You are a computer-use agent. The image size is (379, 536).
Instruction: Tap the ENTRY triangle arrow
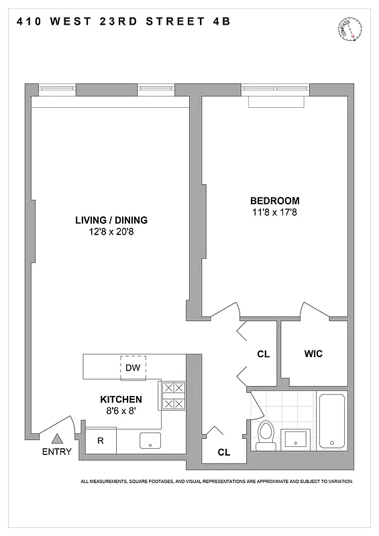(x=57, y=439)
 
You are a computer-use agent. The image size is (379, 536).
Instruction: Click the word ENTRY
(x=56, y=452)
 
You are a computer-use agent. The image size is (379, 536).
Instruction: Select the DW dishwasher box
(x=132, y=368)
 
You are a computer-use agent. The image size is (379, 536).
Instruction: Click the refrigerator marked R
(x=100, y=441)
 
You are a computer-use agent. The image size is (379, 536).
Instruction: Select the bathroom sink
(x=295, y=440)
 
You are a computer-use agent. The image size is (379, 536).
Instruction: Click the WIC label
(x=313, y=353)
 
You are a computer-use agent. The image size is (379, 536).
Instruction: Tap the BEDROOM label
(x=274, y=201)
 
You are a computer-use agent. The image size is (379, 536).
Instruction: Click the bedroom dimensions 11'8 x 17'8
(x=274, y=212)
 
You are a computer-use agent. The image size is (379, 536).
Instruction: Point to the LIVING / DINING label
(x=111, y=220)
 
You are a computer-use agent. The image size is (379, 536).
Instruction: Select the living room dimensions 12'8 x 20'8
(x=111, y=232)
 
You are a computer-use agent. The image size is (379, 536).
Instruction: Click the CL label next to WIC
(x=263, y=354)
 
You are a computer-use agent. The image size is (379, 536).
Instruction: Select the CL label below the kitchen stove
(x=223, y=452)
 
